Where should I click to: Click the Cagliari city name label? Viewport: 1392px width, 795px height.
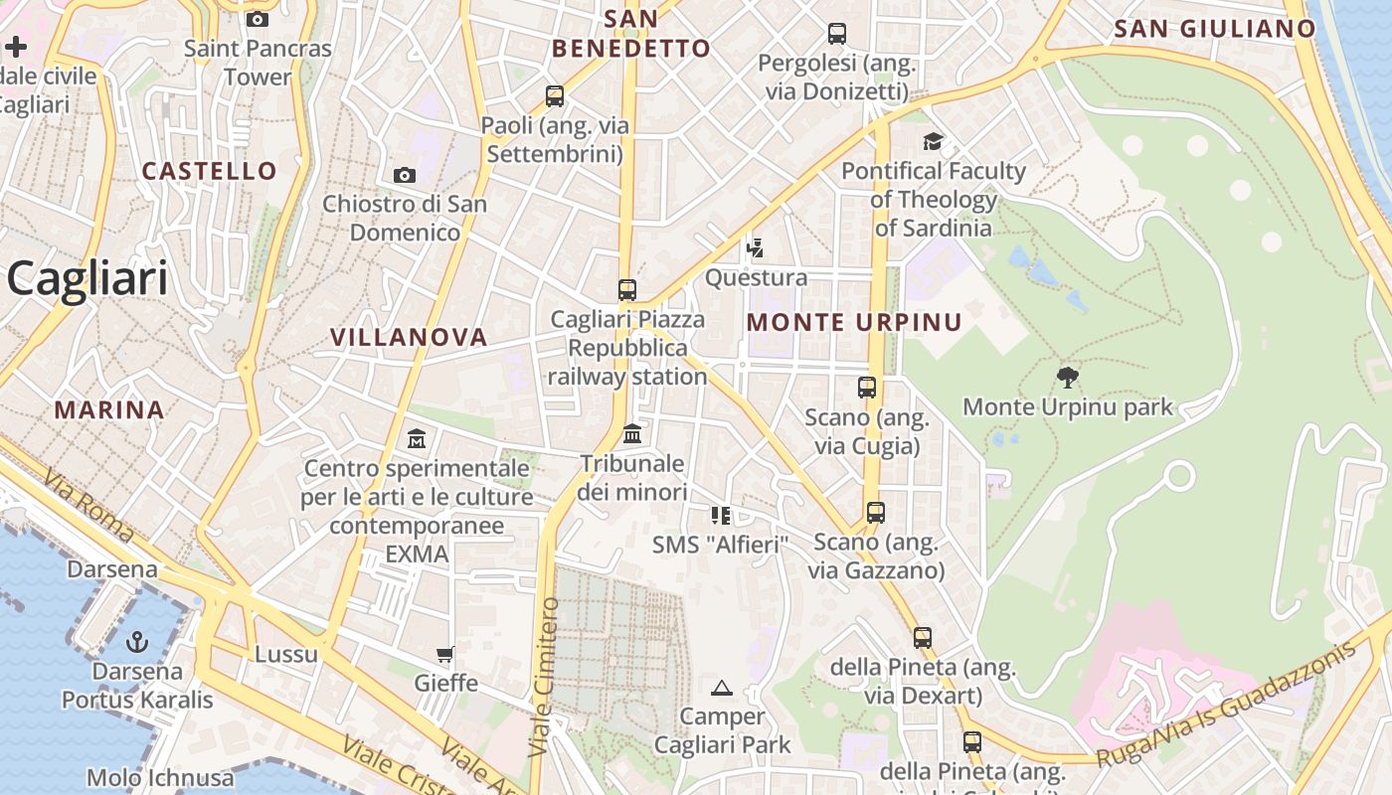(x=87, y=279)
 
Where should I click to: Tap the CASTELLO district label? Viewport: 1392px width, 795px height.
(x=209, y=171)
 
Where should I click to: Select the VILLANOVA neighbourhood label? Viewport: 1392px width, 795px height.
(x=409, y=338)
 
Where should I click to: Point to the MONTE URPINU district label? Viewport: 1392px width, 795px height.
(x=854, y=323)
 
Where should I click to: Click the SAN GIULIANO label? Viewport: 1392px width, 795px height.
(x=1215, y=30)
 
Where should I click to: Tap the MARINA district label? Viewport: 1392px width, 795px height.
(x=109, y=409)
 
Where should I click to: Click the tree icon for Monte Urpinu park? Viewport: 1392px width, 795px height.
(x=1068, y=378)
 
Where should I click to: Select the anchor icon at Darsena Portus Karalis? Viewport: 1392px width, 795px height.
(x=137, y=642)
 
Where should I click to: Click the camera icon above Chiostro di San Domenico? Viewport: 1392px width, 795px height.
(x=405, y=176)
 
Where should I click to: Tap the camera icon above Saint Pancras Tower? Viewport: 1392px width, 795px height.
(x=258, y=20)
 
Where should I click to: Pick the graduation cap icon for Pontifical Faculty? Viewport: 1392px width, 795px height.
(x=933, y=142)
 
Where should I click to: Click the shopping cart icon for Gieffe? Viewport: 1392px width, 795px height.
(x=445, y=654)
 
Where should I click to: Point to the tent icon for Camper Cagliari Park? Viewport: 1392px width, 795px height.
(x=722, y=688)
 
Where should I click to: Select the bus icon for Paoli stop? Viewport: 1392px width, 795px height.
(x=555, y=96)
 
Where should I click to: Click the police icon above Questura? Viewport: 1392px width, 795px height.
(x=756, y=247)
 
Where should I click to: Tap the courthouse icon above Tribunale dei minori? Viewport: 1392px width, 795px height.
(x=632, y=434)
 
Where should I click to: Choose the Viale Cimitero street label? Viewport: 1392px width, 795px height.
(x=544, y=676)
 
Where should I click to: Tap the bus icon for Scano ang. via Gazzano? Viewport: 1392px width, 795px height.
(x=875, y=513)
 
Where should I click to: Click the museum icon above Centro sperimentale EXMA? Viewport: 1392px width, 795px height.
(x=417, y=438)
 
